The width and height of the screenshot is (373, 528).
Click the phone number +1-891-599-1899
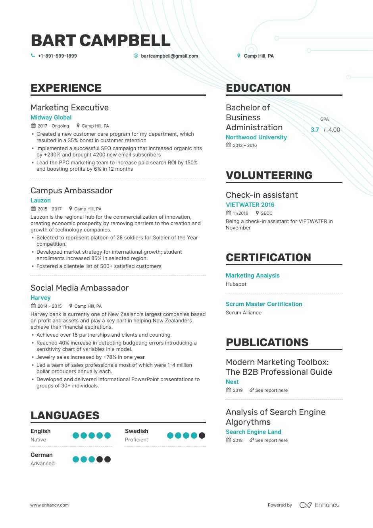[x=57, y=56]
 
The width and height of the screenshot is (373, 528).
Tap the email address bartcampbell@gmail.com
[x=169, y=56]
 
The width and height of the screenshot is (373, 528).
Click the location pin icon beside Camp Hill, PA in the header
[x=238, y=56]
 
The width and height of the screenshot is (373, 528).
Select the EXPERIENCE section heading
[x=66, y=88]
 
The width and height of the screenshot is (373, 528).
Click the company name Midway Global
[x=51, y=118]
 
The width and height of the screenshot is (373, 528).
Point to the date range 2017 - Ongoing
[x=53, y=126]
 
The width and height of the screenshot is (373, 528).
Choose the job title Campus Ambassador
[x=71, y=191]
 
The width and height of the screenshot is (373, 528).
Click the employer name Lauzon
[x=40, y=200]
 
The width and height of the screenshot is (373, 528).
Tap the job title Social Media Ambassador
[x=79, y=288]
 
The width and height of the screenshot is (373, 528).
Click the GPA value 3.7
[x=315, y=130]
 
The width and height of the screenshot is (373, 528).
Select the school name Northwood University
[x=256, y=137]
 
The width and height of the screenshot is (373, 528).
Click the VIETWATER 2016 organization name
[x=250, y=205]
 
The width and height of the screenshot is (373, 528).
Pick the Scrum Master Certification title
[x=264, y=304]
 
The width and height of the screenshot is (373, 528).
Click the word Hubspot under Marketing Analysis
[x=236, y=284]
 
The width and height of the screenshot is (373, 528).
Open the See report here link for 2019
[x=271, y=390]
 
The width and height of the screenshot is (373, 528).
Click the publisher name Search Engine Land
[x=253, y=432]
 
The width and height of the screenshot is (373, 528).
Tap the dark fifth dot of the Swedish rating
[x=202, y=436]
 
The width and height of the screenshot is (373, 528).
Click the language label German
[x=42, y=455]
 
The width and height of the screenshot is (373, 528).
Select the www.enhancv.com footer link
[x=49, y=505]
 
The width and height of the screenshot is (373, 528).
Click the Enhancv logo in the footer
[x=319, y=505]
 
